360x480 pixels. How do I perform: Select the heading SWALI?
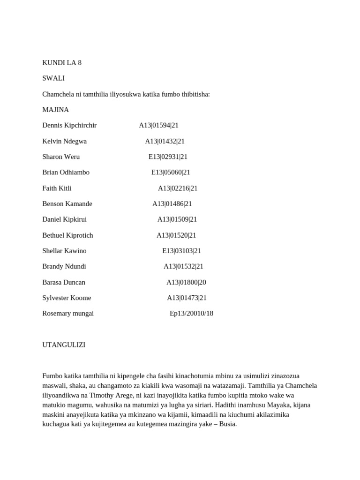[53, 78]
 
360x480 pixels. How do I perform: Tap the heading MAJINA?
[55, 110]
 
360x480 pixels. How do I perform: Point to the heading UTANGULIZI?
[64, 345]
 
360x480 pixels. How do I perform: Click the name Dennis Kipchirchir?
[69, 125]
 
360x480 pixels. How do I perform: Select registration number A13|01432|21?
[165, 141]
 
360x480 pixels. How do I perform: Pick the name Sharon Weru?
[61, 157]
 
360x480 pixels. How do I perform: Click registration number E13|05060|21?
[171, 172]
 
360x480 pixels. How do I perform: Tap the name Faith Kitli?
[57, 188]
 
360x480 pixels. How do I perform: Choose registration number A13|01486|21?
[172, 204]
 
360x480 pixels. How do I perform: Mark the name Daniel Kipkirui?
[64, 219]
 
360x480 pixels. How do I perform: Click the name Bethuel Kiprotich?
[67, 235]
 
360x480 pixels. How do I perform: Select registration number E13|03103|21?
[181, 251]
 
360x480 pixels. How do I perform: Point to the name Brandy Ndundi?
[64, 266]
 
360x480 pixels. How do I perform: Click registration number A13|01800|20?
[186, 282]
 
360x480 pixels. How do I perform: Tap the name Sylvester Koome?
[67, 298]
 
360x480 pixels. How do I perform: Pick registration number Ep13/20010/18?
[191, 314]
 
